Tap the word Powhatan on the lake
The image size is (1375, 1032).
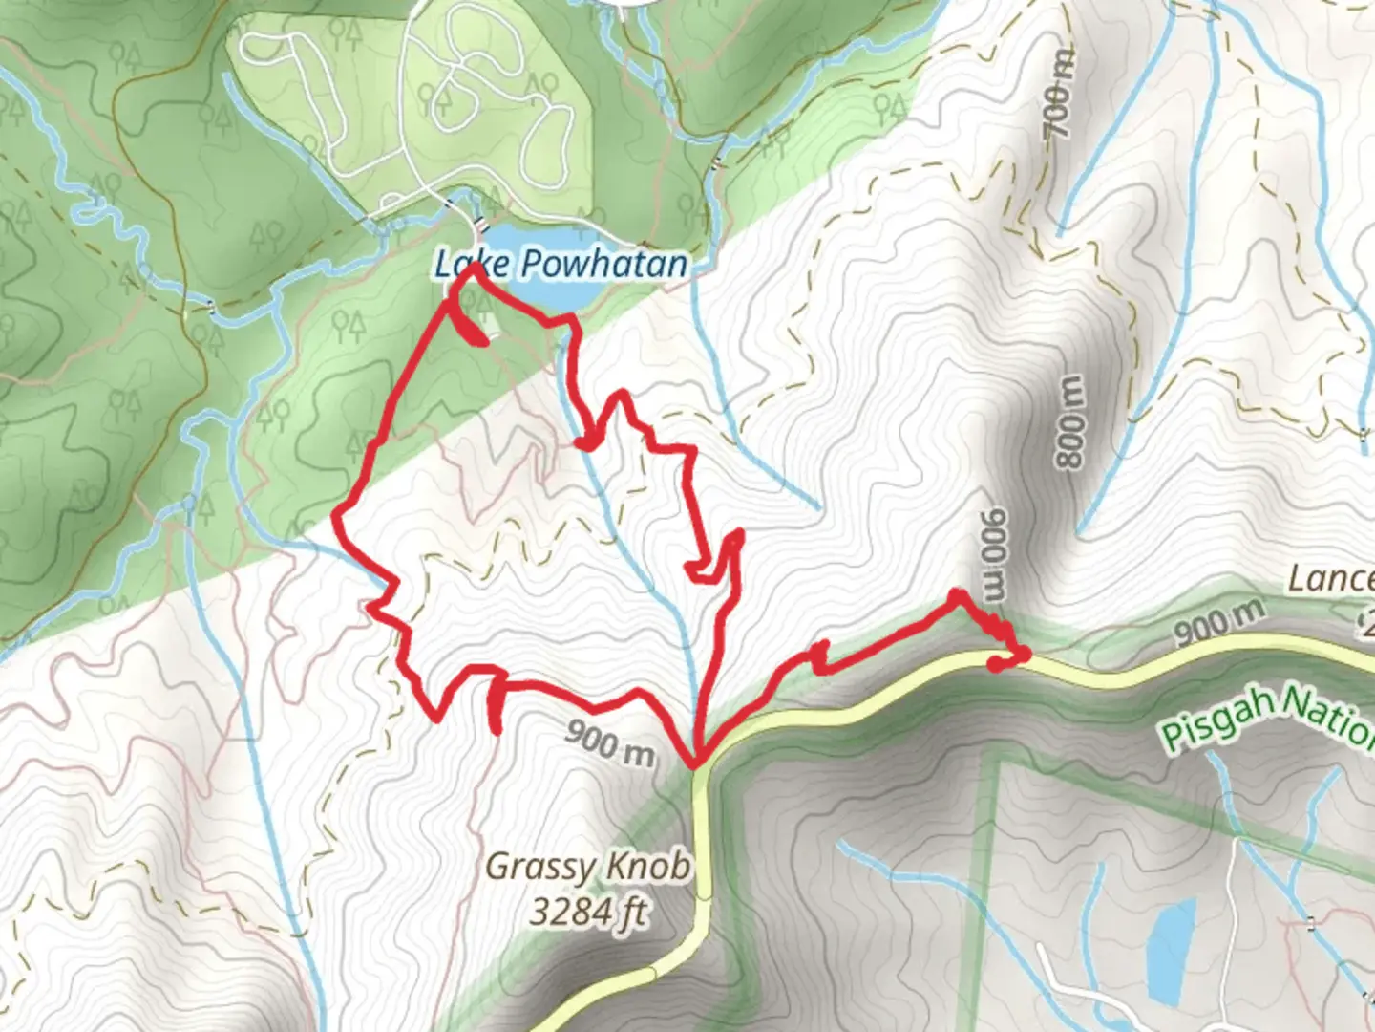tap(605, 264)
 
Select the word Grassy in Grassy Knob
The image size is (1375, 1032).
tap(535, 868)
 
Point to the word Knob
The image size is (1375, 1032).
tap(653, 867)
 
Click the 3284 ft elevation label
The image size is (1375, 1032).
tap(588, 912)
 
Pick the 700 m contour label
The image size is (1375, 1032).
tap(1057, 92)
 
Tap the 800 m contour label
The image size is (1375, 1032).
tap(1071, 420)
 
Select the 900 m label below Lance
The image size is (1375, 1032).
tap(1218, 622)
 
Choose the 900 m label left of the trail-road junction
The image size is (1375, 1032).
tap(610, 742)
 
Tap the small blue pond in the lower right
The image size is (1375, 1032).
tap(1171, 946)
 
